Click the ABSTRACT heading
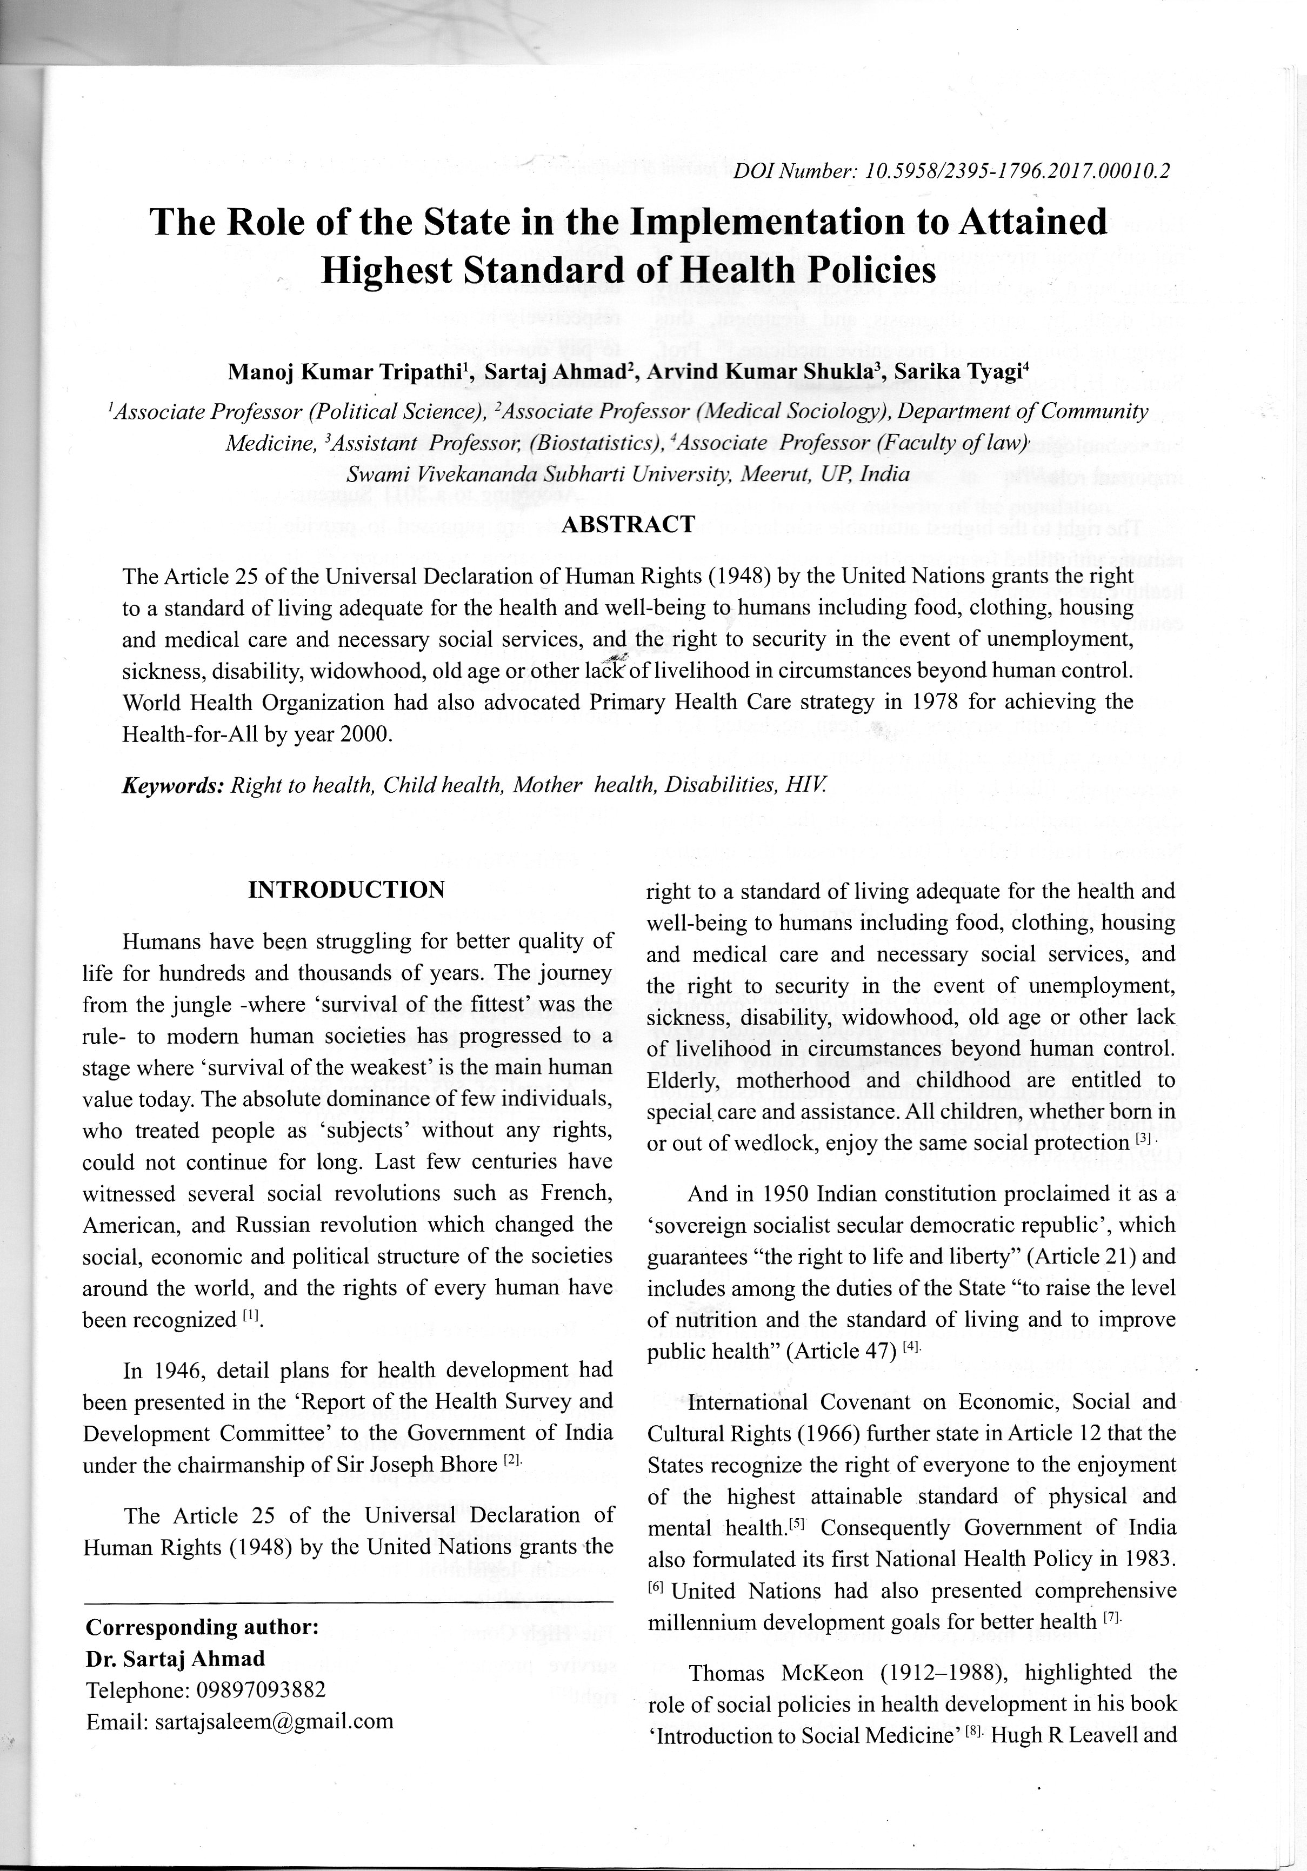coord(628,524)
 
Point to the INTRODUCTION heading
coord(346,889)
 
